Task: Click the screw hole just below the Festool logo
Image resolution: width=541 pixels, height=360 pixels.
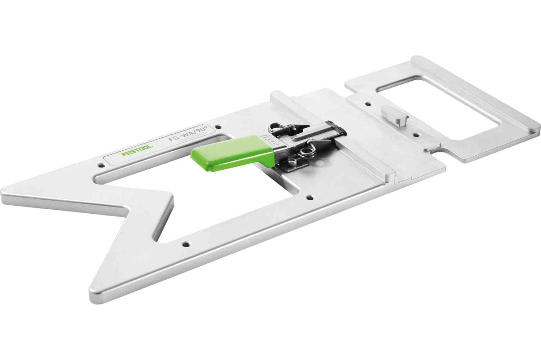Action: click(x=101, y=166)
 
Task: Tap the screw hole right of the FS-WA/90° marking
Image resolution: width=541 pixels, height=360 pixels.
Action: click(x=217, y=127)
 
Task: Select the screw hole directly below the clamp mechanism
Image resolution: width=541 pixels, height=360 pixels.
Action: click(x=309, y=197)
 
